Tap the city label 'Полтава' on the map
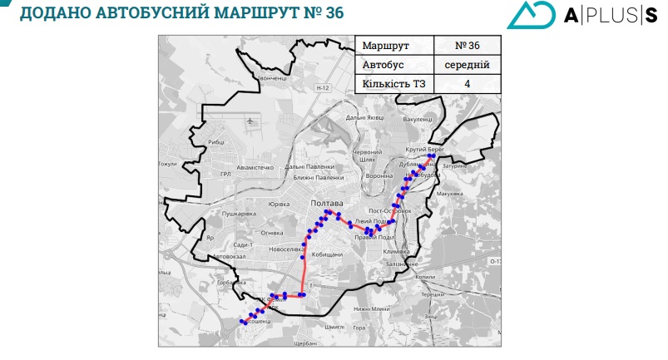click(x=325, y=203)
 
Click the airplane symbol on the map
click(x=252, y=121)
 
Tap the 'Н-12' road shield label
click(x=324, y=87)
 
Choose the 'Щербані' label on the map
click(x=306, y=342)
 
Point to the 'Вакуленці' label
click(x=418, y=119)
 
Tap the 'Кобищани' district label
click(x=327, y=254)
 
